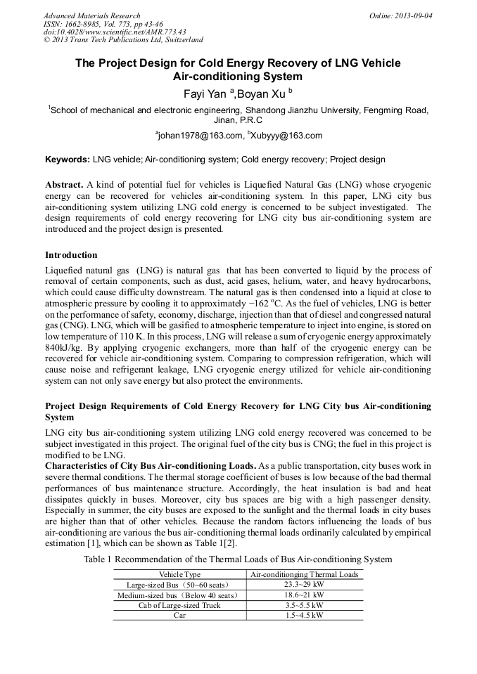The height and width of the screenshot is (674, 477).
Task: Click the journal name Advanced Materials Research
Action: coord(92,15)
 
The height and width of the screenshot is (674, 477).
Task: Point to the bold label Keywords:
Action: coord(68,160)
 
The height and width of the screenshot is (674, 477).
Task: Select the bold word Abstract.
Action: coord(64,185)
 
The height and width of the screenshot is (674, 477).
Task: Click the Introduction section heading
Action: coord(71,254)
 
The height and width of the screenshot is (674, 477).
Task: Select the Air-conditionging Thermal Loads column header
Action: coord(305,574)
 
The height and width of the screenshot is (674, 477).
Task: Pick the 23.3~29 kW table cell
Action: coord(305,584)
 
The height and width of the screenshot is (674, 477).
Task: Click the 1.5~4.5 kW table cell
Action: coord(305,615)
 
